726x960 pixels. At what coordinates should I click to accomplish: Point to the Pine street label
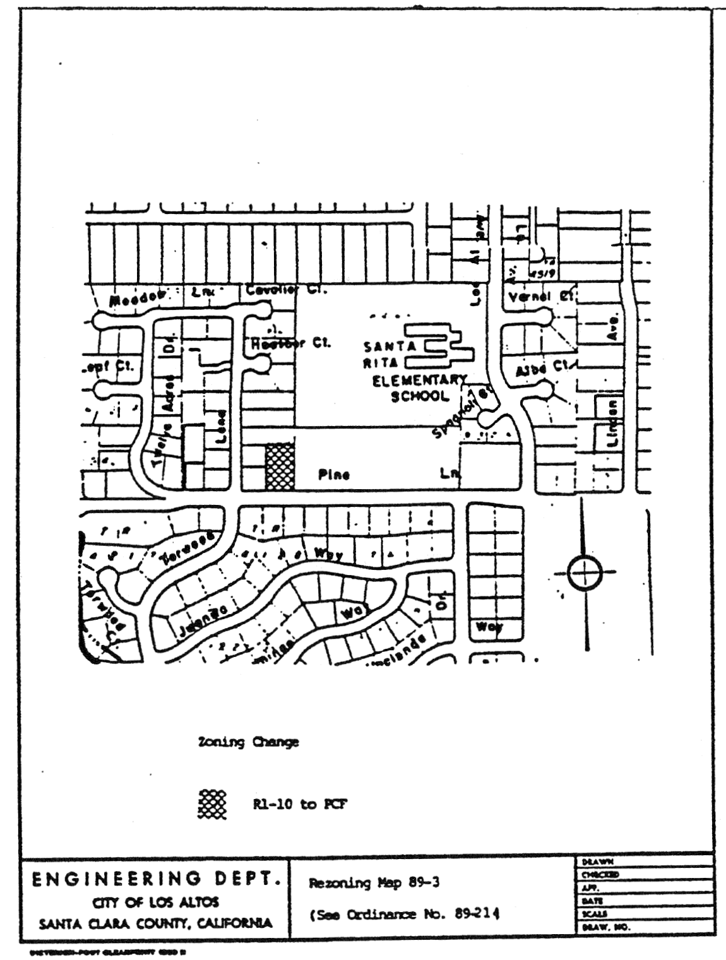(x=334, y=475)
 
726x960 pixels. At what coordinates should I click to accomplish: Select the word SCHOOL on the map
(x=420, y=396)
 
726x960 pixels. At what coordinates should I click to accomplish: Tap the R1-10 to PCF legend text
(x=299, y=804)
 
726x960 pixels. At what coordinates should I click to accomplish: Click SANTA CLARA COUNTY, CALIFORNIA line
(x=156, y=923)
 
